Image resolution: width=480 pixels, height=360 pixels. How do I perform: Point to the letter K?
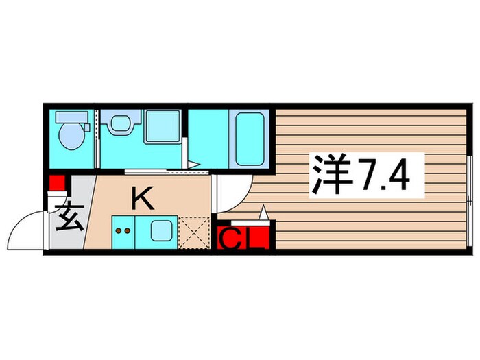(x=141, y=199)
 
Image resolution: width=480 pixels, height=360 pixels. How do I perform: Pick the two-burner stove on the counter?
(x=123, y=232)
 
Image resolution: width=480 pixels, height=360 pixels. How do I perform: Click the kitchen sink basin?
(x=162, y=232)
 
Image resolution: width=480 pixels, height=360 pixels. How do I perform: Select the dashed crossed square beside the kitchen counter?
(x=193, y=233)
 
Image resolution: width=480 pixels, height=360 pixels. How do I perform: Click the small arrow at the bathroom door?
(x=195, y=164)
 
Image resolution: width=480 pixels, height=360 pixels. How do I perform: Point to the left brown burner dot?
(x=118, y=232)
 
